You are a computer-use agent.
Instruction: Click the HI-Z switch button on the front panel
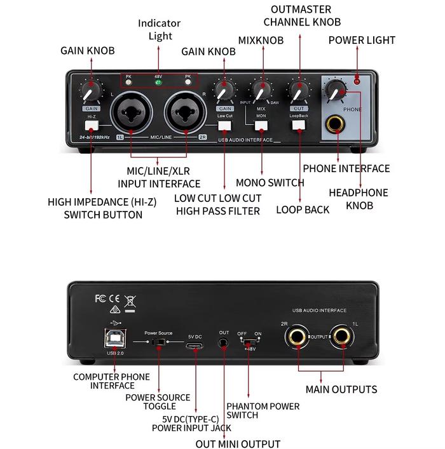click(92, 125)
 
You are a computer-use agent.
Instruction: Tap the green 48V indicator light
click(158, 83)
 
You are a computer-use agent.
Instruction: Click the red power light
click(357, 81)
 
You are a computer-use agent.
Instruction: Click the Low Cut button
click(224, 125)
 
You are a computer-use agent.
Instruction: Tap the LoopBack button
click(298, 125)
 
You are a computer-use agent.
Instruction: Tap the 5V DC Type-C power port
click(195, 345)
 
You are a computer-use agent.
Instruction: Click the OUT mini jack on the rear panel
click(224, 344)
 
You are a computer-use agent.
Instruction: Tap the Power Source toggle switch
click(159, 343)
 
